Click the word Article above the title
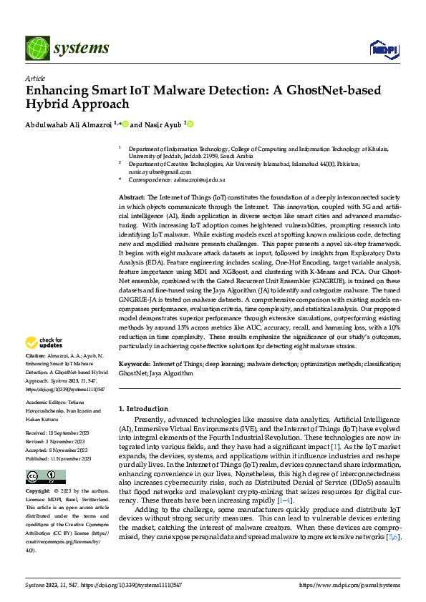35,79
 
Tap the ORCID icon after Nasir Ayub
190,124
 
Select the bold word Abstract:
133,196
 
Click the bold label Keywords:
135,364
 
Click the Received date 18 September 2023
58,433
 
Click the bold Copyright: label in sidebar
37,492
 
